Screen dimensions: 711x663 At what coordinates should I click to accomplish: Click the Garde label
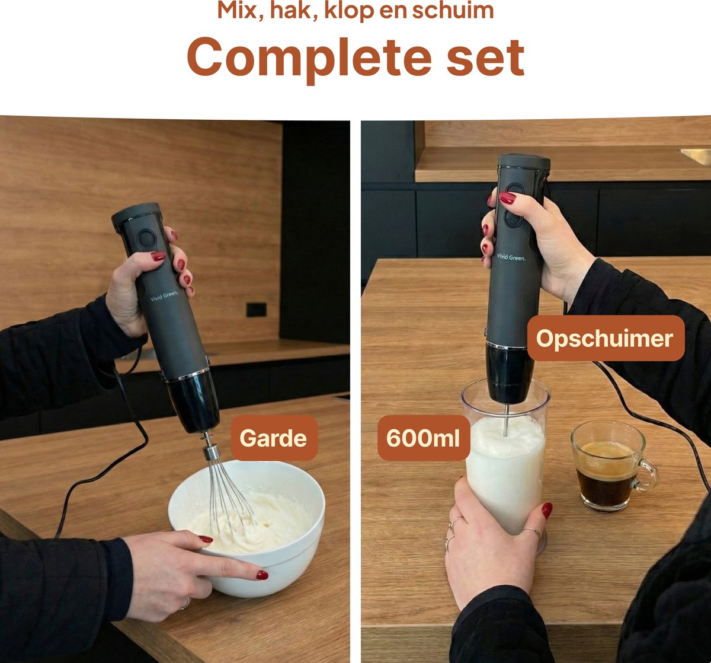pos(274,438)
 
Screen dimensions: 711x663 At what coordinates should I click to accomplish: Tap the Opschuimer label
pos(606,338)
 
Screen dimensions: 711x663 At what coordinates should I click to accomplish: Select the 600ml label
pos(424,438)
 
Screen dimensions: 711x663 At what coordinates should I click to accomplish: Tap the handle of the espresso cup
pos(647,474)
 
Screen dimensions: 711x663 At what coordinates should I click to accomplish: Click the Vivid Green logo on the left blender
pos(164,296)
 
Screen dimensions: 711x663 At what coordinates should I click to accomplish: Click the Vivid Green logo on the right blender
pos(511,257)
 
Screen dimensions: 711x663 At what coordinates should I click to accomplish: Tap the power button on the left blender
pos(146,238)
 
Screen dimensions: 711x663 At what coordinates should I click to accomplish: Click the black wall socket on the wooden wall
pos(257,310)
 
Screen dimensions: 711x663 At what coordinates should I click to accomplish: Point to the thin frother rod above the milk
pos(505,419)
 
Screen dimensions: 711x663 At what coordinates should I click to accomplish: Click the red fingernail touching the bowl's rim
pos(206,538)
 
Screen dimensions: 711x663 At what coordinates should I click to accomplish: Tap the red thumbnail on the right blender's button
pos(508,198)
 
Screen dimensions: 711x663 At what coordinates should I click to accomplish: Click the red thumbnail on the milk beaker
pos(547,511)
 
